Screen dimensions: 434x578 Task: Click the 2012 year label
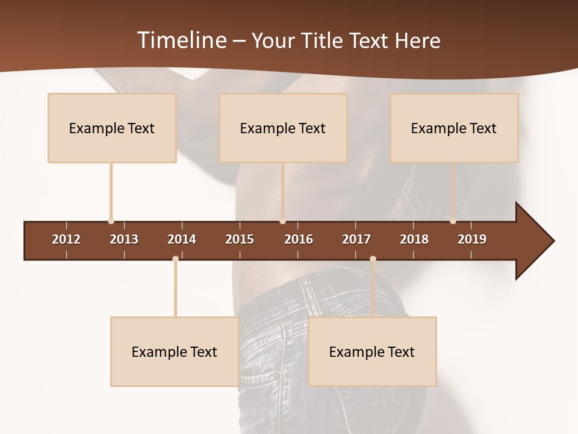66,239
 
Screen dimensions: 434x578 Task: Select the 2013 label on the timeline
124,239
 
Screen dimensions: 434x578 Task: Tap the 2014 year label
182,239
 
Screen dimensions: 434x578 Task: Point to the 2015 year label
240,239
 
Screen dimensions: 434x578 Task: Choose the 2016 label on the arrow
299,239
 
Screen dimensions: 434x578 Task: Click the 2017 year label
356,239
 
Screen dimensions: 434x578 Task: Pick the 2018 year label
414,239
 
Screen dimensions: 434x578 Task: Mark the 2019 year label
472,239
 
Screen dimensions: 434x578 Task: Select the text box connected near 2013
112,128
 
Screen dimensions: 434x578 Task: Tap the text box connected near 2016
283,128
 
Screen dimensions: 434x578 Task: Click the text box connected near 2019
454,128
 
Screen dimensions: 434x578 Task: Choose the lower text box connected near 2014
175,351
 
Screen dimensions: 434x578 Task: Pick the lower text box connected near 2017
372,351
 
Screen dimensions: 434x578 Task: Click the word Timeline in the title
181,40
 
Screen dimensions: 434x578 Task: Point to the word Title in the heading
324,40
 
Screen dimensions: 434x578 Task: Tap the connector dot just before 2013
111,221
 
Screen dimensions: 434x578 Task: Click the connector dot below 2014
175,259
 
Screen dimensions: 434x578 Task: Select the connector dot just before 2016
282,221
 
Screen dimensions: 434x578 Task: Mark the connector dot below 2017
373,259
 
